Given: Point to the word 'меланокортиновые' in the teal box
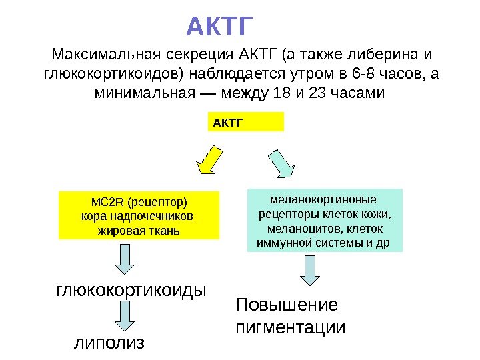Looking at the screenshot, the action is coord(323,199).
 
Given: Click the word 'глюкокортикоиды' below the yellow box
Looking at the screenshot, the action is coord(130,291).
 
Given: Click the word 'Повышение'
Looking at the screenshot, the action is coord(287,305).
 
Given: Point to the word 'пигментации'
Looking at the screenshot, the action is coord(291,328).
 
